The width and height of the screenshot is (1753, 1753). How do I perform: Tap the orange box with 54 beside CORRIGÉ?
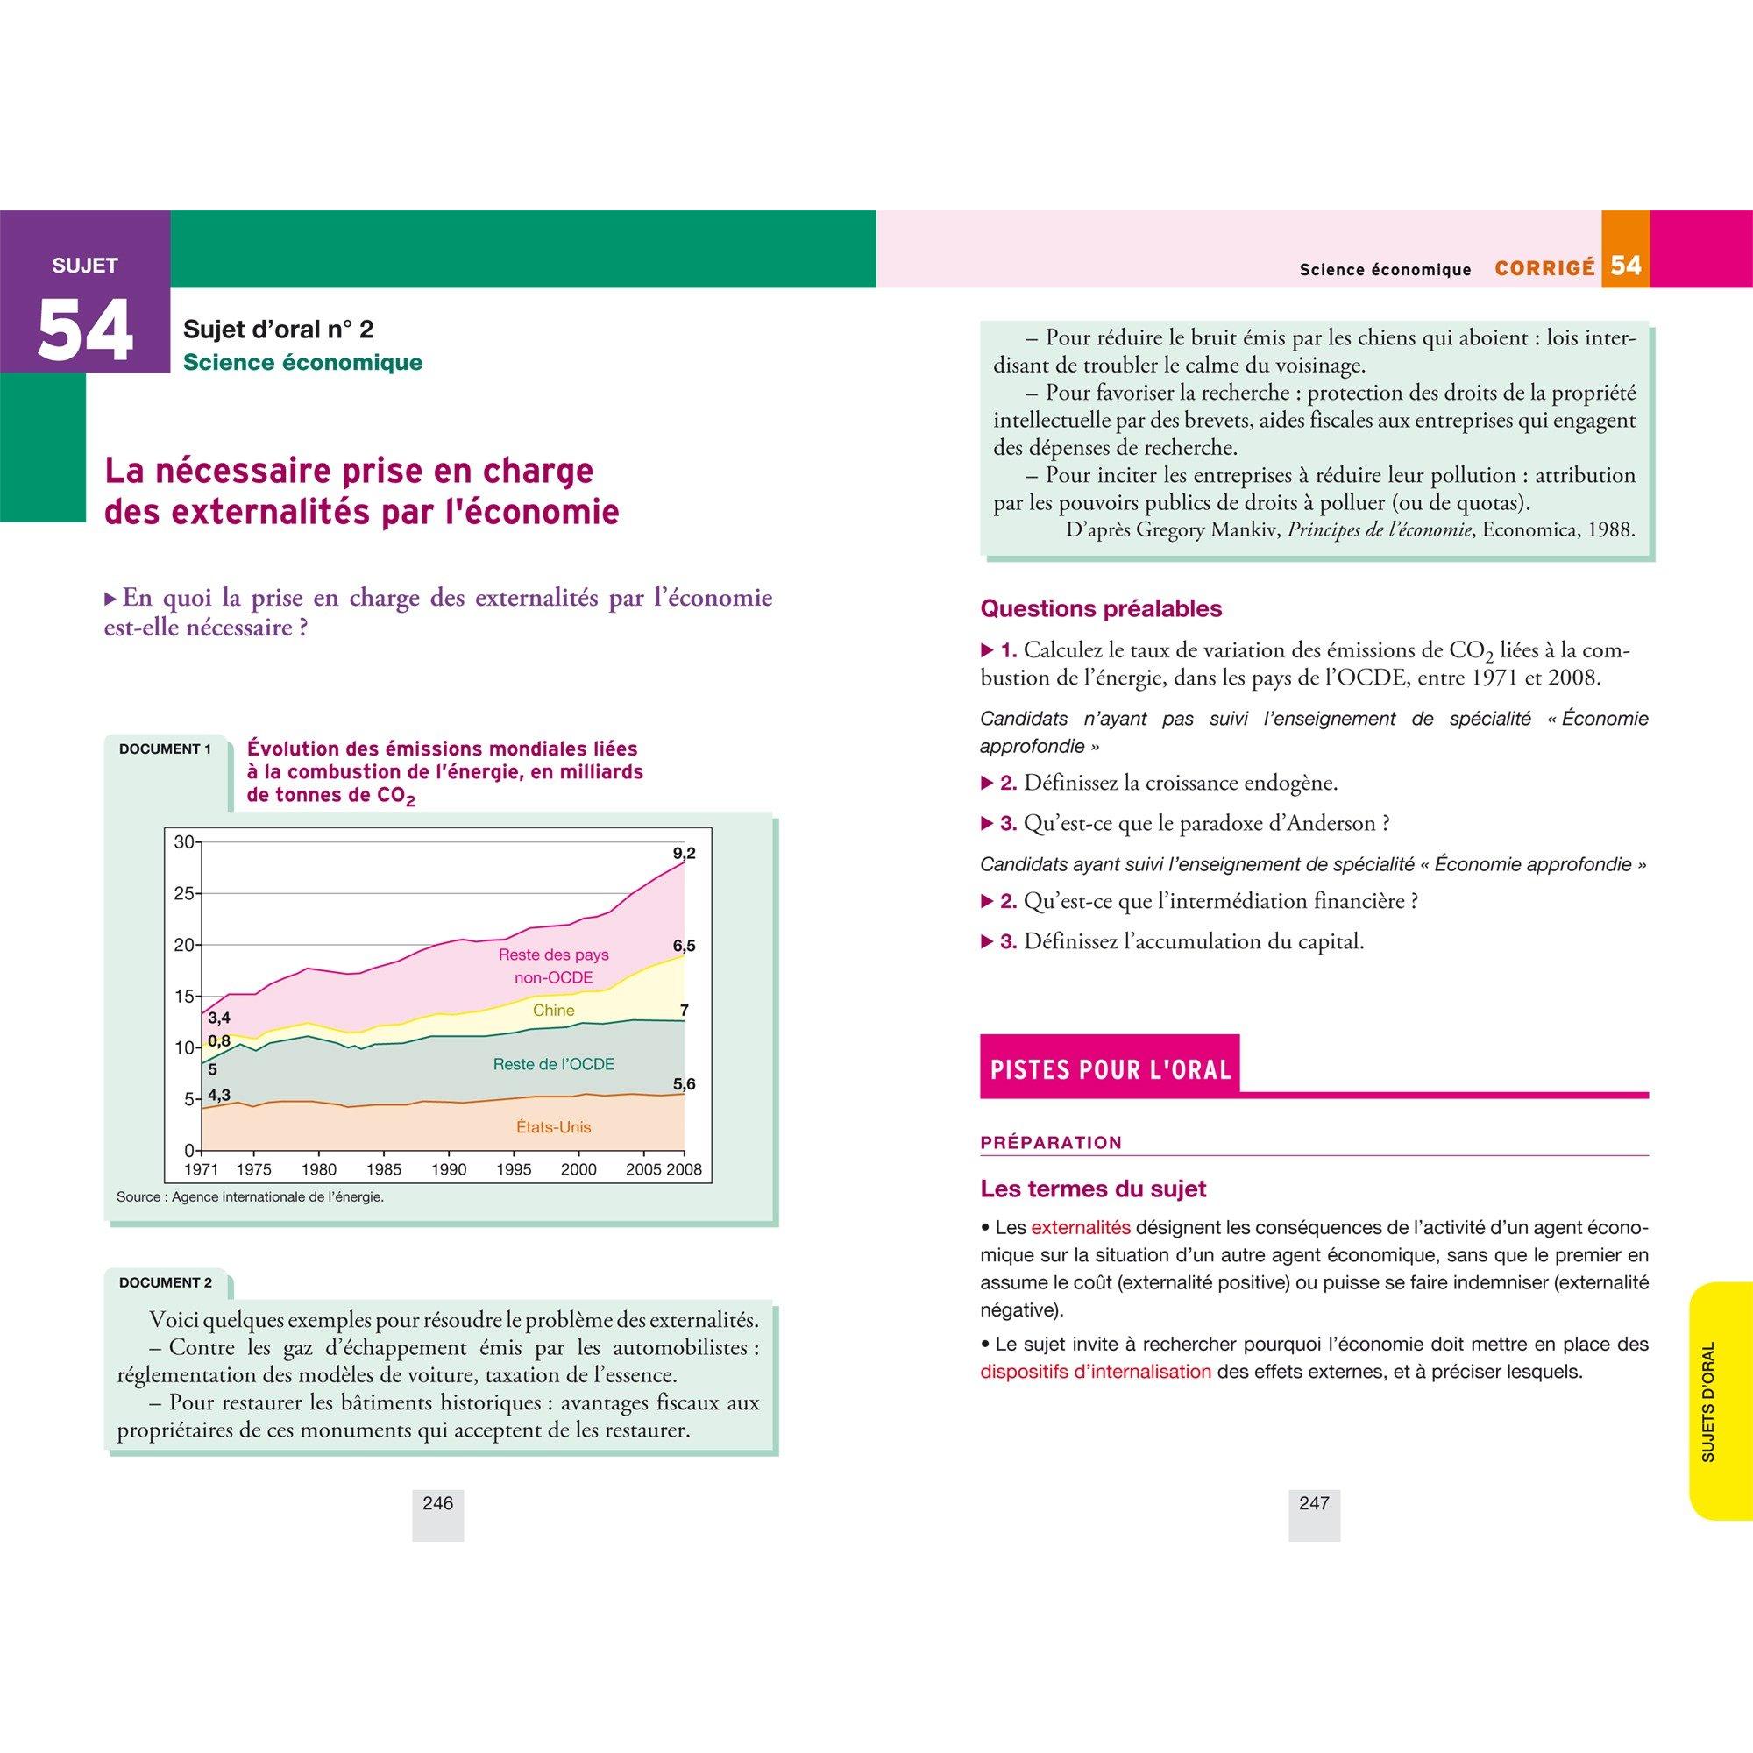[1625, 266]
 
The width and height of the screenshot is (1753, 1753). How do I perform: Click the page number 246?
[437, 1503]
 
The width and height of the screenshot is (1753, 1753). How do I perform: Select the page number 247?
[1314, 1503]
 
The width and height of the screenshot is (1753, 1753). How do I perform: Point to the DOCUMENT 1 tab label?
[165, 749]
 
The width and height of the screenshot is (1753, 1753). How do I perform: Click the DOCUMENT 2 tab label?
[165, 1282]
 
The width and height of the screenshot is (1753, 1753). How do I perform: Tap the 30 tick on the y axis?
[184, 842]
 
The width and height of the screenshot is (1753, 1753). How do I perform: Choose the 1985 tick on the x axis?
[385, 1169]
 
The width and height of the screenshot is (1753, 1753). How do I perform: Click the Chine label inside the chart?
[553, 1010]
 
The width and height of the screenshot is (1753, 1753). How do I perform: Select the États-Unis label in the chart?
[553, 1127]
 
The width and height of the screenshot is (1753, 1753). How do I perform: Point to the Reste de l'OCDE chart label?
[553, 1063]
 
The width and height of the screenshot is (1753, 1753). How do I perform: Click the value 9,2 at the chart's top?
[684, 853]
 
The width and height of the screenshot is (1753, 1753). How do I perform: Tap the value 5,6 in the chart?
[684, 1083]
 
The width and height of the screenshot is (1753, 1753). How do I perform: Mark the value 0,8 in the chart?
[218, 1040]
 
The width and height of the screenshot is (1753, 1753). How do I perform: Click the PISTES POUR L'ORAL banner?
[1110, 1068]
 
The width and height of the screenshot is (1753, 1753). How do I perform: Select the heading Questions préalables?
[1101, 608]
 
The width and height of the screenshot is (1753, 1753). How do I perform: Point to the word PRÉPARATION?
[1051, 1142]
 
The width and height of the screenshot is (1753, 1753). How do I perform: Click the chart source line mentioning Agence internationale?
[251, 1196]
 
